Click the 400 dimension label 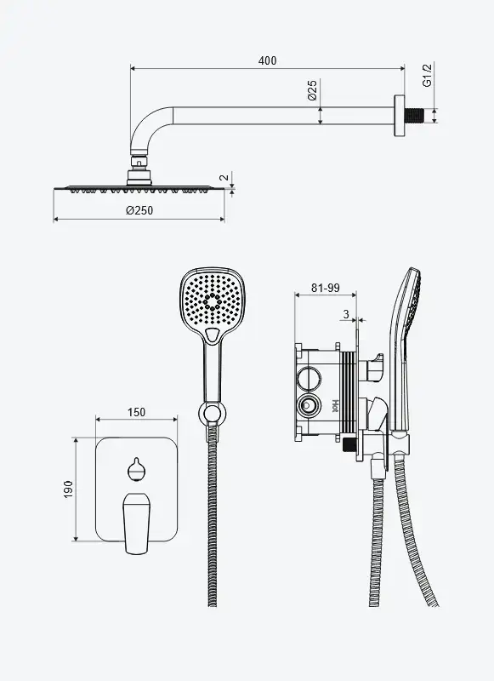pyautogui.click(x=267, y=60)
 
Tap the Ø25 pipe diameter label pyautogui.click(x=313, y=90)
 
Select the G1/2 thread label pyautogui.click(x=428, y=75)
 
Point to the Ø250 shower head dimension pyautogui.click(x=139, y=210)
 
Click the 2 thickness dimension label pyautogui.click(x=224, y=178)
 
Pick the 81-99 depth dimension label pyautogui.click(x=326, y=288)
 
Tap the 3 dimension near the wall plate pyautogui.click(x=346, y=314)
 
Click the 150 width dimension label pyautogui.click(x=136, y=412)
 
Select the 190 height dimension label pyautogui.click(x=68, y=489)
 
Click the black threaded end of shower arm pyautogui.click(x=415, y=116)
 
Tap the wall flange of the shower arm pyautogui.click(x=400, y=116)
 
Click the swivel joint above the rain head pyautogui.click(x=139, y=168)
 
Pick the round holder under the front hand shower pyautogui.click(x=212, y=412)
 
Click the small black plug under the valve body pyautogui.click(x=349, y=444)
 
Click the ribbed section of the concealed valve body pyautogui.click(x=348, y=392)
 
